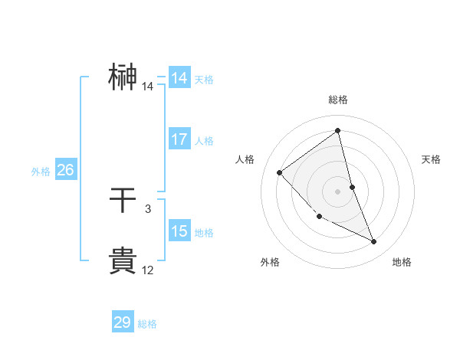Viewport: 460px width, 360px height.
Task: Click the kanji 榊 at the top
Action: [x=123, y=77]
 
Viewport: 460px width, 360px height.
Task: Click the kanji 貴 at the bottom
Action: [x=123, y=260]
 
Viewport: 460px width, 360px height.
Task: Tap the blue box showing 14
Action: [x=179, y=78]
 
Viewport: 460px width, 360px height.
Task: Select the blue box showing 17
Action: [x=179, y=140]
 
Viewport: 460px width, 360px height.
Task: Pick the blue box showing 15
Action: [x=179, y=231]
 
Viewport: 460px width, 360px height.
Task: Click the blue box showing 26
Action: [x=65, y=170]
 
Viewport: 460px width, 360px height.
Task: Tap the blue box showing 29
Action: [x=123, y=322]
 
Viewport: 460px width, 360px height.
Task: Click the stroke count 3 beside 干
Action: [x=147, y=208]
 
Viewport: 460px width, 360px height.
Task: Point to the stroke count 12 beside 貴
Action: [x=147, y=270]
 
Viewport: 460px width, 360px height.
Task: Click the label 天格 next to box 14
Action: [x=204, y=80]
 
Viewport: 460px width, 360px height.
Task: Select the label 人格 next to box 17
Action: [x=204, y=141]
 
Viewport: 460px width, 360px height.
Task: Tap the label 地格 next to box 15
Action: [x=204, y=233]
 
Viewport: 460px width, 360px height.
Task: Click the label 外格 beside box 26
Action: [x=41, y=172]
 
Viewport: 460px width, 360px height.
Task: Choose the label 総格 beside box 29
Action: [x=147, y=324]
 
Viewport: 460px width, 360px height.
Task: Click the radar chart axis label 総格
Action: [x=337, y=100]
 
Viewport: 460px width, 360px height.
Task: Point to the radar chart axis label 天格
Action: [x=431, y=159]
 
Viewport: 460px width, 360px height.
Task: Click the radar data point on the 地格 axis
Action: [x=374, y=242]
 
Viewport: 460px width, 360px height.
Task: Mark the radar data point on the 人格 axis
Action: [x=280, y=172]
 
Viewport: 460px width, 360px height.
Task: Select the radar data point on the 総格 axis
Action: [x=337, y=131]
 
